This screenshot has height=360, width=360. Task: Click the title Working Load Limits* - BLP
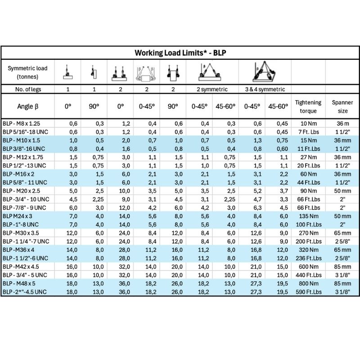click(180, 52)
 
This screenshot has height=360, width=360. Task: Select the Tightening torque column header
click(308, 107)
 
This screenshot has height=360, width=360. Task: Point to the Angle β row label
click(27, 107)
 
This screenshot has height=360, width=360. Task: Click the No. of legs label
click(27, 89)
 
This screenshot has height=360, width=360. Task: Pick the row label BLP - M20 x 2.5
click(24, 190)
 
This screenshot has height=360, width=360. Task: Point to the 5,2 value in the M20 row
click(254, 190)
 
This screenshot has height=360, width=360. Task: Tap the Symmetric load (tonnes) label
click(27, 72)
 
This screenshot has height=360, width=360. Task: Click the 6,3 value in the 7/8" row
click(254, 207)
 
